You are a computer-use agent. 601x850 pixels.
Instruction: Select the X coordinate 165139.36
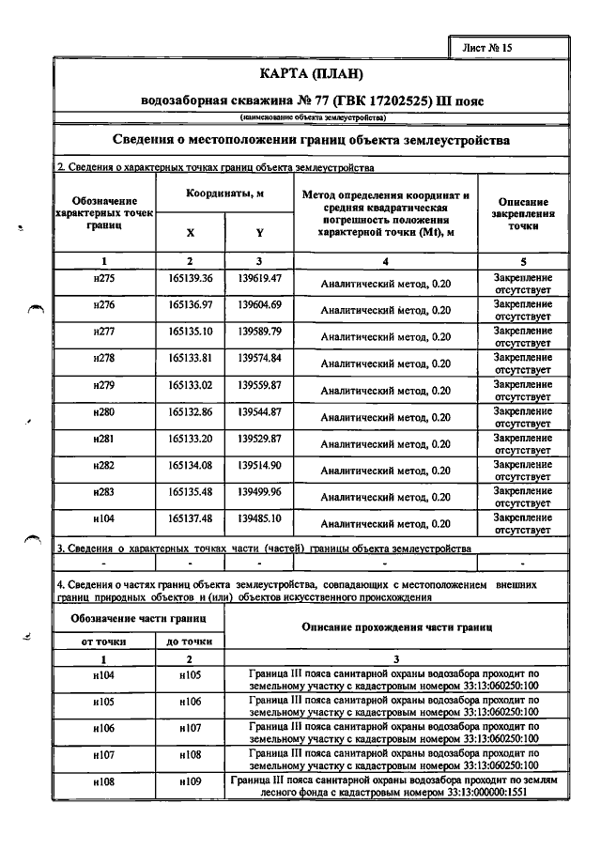click(x=191, y=279)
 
